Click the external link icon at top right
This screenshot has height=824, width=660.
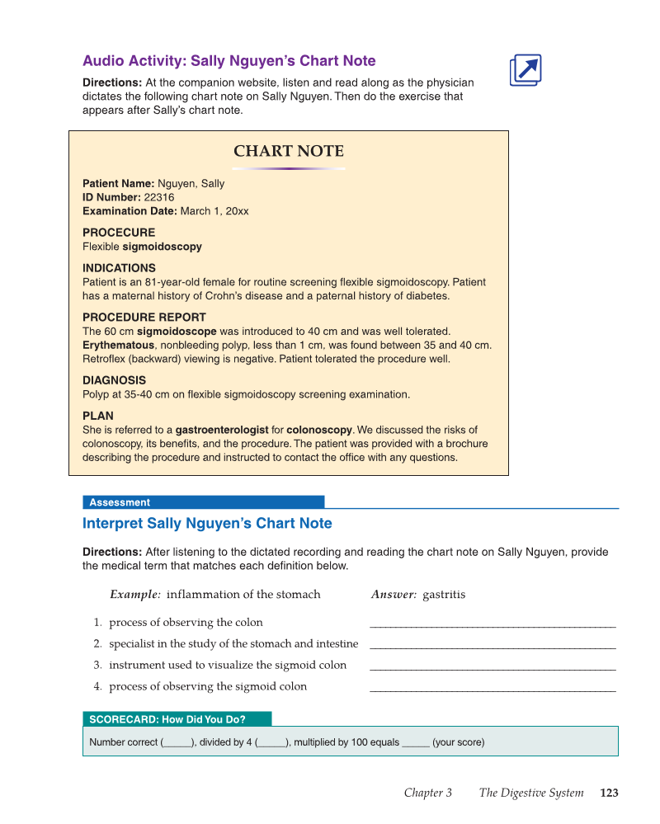point(526,70)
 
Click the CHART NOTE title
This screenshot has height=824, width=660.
point(289,151)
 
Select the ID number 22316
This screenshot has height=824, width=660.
point(159,197)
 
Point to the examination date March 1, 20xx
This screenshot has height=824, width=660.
point(214,211)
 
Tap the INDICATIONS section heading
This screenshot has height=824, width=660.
point(119,268)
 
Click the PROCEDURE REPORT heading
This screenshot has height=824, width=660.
point(144,317)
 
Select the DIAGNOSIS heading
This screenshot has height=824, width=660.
point(114,380)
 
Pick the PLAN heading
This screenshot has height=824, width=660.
point(98,416)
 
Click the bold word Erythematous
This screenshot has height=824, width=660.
point(118,345)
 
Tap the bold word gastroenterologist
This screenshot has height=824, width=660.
point(222,430)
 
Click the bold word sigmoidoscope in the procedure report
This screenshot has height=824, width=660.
point(177,331)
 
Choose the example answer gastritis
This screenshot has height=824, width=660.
point(444,594)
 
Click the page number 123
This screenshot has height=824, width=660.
point(609,793)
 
